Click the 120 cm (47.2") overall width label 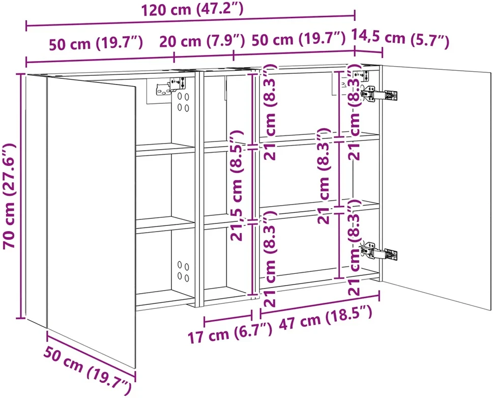pyautogui.click(x=192, y=9)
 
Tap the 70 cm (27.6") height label pyautogui.click(x=10, y=196)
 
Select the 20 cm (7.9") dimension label pyautogui.click(x=202, y=41)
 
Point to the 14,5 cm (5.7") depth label pyautogui.click(x=399, y=39)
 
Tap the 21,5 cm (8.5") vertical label pyautogui.click(x=237, y=186)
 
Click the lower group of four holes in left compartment pyautogui.click(x=183, y=271)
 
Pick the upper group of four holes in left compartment pyautogui.click(x=183, y=102)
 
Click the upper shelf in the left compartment pyautogui.click(x=165, y=149)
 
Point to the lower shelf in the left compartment pyautogui.click(x=165, y=224)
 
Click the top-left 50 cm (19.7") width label pyautogui.click(x=96, y=43)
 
